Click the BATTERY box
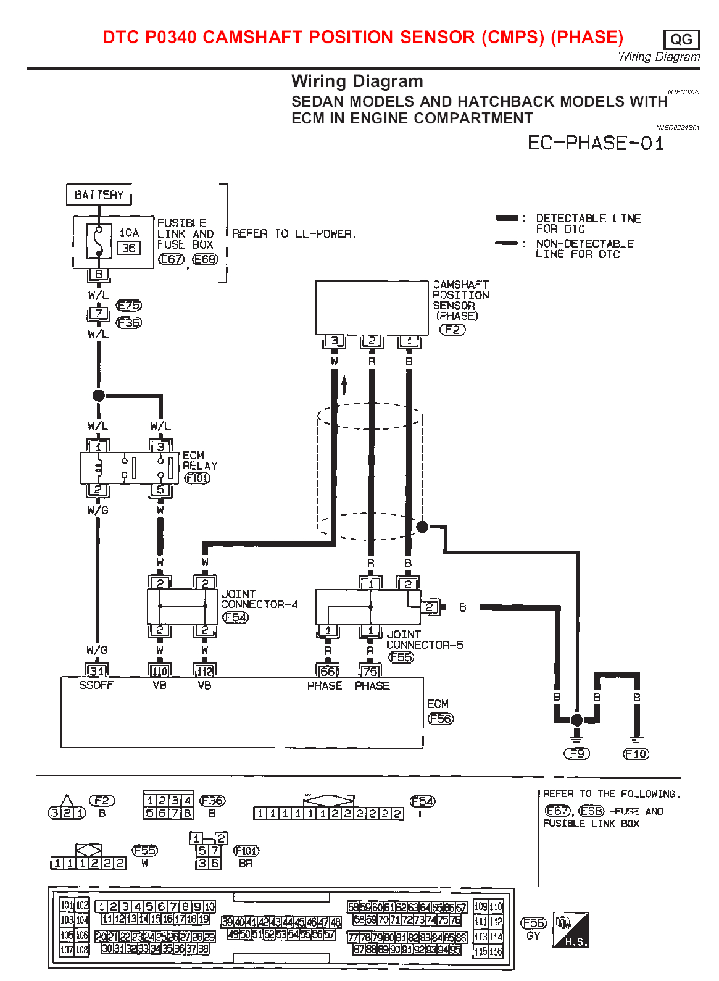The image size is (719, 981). [x=99, y=194]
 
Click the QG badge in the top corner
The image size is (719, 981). [x=681, y=40]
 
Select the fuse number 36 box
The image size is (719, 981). [x=129, y=248]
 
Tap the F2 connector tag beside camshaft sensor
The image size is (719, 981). [x=452, y=330]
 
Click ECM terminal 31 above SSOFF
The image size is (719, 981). [x=97, y=671]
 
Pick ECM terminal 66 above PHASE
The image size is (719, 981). [x=327, y=672]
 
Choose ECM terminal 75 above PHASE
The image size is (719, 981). [x=370, y=672]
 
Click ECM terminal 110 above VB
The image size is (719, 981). [x=160, y=672]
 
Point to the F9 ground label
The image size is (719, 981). [x=577, y=754]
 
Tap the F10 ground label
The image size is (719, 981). [x=636, y=754]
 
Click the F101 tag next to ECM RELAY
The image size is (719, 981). [x=197, y=478]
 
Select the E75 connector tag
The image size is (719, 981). [x=129, y=306]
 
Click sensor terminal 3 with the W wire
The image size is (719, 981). [x=335, y=341]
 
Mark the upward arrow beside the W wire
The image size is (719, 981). [x=344, y=384]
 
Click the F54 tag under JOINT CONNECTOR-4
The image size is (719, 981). [x=235, y=617]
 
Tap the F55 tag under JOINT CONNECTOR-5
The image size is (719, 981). [x=401, y=657]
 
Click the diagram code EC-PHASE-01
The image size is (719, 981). [x=596, y=143]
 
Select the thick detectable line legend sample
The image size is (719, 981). [x=507, y=218]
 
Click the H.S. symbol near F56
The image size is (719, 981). [x=571, y=930]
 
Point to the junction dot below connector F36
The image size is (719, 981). [x=99, y=395]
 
